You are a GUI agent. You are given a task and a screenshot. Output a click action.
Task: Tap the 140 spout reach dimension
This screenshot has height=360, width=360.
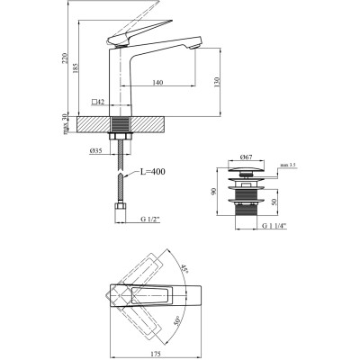tap(157, 82)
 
